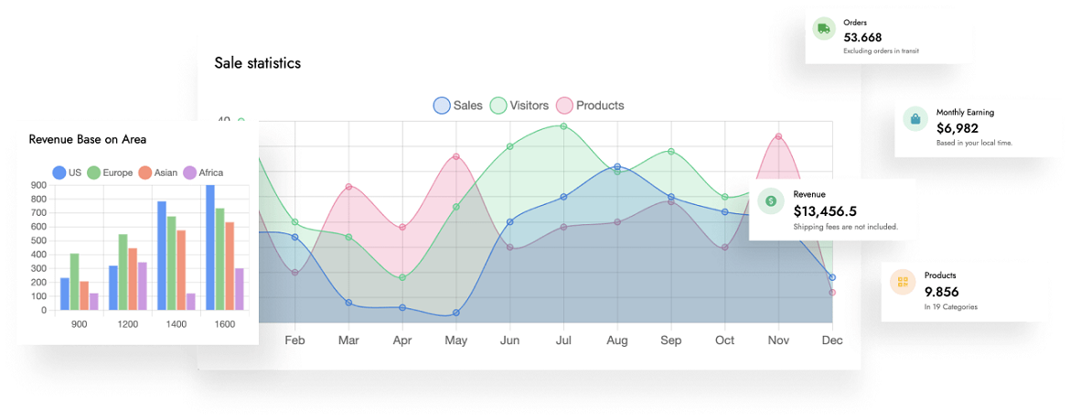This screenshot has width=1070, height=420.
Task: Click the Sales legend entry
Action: [458, 105]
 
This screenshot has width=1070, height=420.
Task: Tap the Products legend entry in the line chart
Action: [591, 105]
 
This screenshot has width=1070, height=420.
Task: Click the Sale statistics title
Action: [257, 63]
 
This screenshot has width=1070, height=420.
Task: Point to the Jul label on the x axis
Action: [563, 340]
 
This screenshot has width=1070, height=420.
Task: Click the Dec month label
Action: [831, 340]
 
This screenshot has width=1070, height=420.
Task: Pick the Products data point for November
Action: [778, 136]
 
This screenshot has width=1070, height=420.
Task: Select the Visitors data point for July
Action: [563, 126]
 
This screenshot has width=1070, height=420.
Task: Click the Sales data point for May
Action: [455, 313]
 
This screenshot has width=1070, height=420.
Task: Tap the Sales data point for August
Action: [617, 167]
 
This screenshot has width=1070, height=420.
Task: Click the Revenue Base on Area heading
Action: [88, 139]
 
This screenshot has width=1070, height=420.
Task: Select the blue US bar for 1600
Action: [210, 247]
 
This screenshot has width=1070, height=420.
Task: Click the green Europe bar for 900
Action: [75, 282]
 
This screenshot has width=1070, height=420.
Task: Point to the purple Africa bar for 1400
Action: [191, 301]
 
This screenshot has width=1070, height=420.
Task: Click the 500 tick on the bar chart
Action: [38, 241]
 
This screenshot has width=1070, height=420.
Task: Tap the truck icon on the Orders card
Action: [824, 28]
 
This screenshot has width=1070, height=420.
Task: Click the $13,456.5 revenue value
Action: [825, 210]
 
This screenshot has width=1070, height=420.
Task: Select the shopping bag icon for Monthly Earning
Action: [915, 119]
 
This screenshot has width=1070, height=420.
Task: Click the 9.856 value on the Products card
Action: [941, 291]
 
